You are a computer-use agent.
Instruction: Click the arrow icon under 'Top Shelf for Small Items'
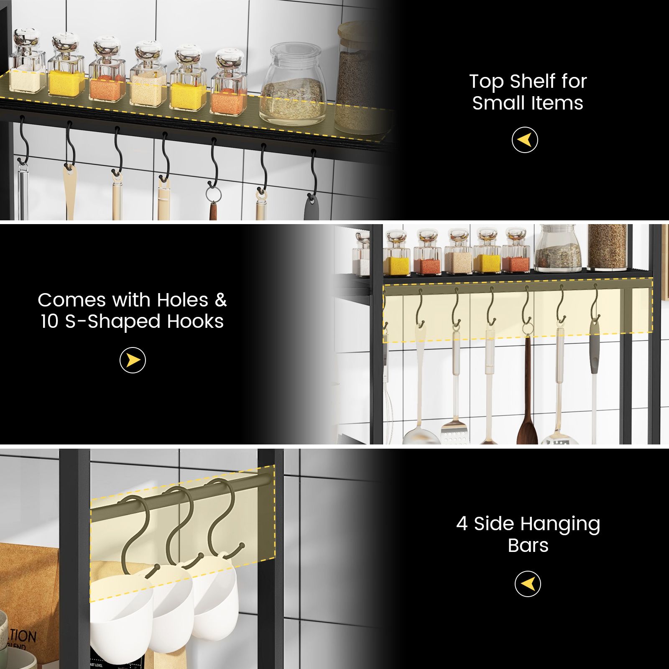(525, 140)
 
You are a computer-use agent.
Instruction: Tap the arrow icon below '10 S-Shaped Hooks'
(133, 360)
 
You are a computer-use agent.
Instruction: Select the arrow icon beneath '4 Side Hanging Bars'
(528, 584)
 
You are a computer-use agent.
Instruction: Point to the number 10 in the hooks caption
(49, 322)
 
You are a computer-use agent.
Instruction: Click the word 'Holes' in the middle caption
(182, 300)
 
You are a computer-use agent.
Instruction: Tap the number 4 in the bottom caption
(462, 523)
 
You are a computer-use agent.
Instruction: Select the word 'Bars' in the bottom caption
(528, 546)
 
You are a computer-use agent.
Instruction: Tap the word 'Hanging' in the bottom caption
(560, 524)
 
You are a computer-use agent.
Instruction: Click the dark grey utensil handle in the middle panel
(594, 355)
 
